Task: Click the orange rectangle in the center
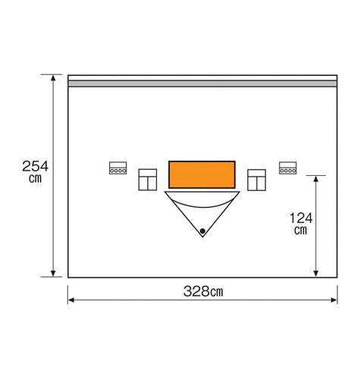[x=202, y=174]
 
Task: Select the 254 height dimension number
[x=35, y=166]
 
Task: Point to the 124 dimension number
[x=302, y=218]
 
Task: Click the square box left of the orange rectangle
[x=147, y=180]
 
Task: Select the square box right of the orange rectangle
[x=257, y=180]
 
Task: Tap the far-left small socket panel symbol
[x=117, y=168]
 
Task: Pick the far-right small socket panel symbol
[x=288, y=168]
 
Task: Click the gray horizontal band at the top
[x=202, y=83]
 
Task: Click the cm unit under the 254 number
[x=35, y=180]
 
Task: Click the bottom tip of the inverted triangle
[x=202, y=236]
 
